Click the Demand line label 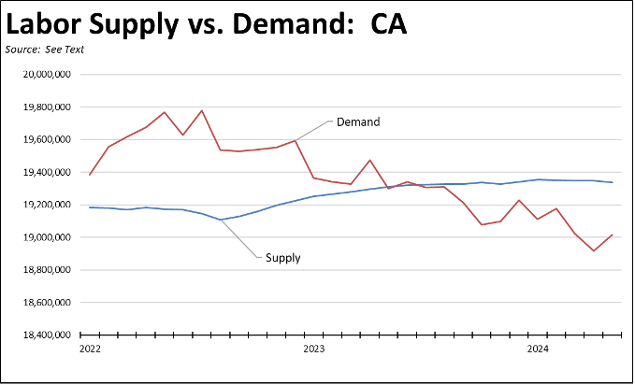pos(358,121)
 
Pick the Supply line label pos(282,258)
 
